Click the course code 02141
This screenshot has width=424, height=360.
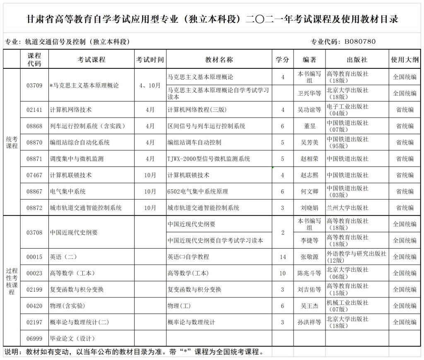tap(34, 110)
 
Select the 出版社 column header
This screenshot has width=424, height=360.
tap(357, 60)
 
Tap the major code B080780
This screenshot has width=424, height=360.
tap(360, 41)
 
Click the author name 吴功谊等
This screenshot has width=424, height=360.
tap(309, 110)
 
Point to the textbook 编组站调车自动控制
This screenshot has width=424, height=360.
tap(194, 143)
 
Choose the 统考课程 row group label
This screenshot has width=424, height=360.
tap(12, 143)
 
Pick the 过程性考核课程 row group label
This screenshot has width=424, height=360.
tap(12, 281)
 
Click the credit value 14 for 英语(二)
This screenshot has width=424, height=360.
tap(283, 257)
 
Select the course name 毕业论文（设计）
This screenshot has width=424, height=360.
tap(72, 338)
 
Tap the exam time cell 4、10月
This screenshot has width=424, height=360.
tap(150, 85)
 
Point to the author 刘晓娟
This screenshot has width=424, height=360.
tap(309, 208)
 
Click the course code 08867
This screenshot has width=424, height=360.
tap(34, 191)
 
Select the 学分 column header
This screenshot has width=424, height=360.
tap(282, 60)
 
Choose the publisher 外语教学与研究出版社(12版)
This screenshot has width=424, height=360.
tap(356, 257)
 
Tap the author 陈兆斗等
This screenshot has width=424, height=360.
tap(309, 273)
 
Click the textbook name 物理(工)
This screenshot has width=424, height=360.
tap(179, 306)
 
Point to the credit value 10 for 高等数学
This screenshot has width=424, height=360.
tap(283, 273)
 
